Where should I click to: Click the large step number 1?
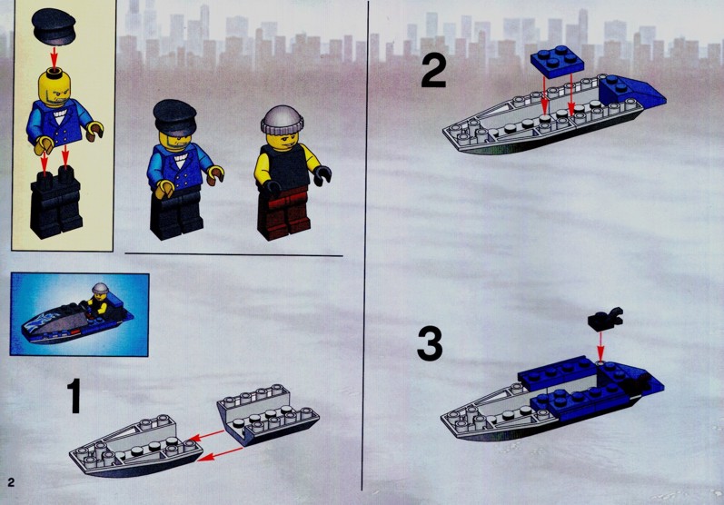(x=74, y=396)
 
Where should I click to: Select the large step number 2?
(x=433, y=70)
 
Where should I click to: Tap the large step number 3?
(x=430, y=344)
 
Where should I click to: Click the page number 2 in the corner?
(x=11, y=482)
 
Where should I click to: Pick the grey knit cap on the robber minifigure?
(x=282, y=119)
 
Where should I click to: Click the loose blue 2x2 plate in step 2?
(x=556, y=62)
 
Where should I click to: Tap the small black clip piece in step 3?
(x=605, y=320)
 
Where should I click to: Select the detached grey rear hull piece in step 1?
(x=268, y=414)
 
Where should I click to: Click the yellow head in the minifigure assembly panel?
(x=55, y=87)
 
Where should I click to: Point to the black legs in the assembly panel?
(x=56, y=203)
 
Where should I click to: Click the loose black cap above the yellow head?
(x=54, y=26)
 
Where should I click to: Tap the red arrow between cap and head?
(x=54, y=58)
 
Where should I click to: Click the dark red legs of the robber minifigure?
(x=283, y=213)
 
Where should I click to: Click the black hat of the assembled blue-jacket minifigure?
(x=174, y=117)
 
